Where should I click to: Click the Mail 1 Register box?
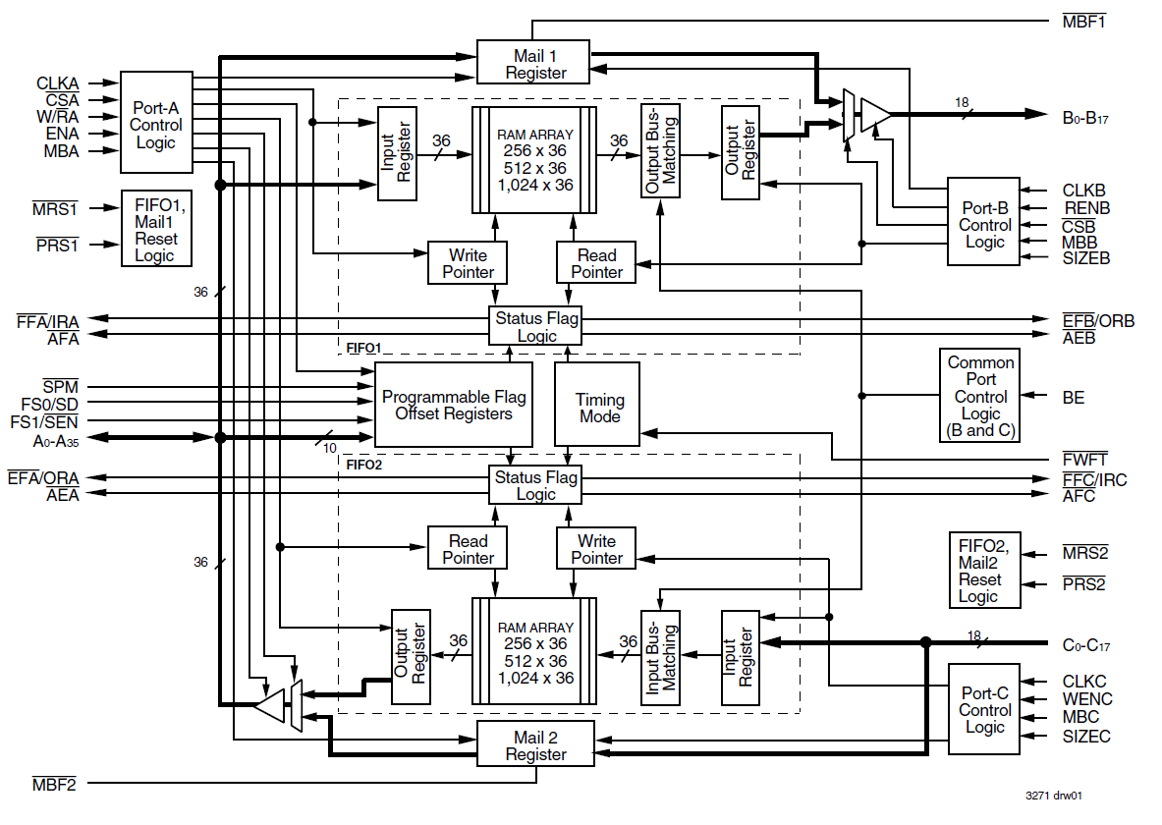point(532,62)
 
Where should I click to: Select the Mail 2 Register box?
point(535,744)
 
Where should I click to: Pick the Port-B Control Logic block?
point(983,221)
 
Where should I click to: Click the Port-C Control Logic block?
point(984,709)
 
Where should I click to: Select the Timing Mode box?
point(597,404)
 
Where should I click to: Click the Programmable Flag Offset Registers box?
point(454,404)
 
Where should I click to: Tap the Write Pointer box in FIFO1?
point(468,262)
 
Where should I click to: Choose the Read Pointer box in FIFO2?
point(468,548)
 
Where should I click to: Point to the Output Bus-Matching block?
point(660,151)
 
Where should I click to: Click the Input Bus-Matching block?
point(660,657)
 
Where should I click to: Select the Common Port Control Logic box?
point(979,396)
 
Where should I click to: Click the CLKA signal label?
point(58,83)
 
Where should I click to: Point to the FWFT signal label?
point(1084,460)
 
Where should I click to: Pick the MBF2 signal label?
point(54,784)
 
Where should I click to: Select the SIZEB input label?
point(1085,258)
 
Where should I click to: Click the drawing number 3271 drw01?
point(1053,796)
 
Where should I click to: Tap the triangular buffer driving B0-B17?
point(875,114)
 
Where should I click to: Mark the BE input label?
point(1073,398)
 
